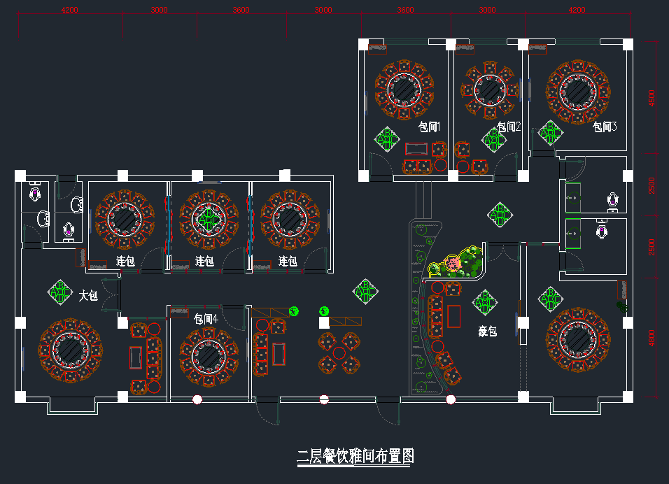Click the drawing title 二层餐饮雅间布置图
pyautogui.click(x=355, y=457)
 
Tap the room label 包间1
pyautogui.click(x=429, y=127)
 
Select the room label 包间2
pyautogui.click(x=509, y=127)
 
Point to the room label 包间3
pyautogui.click(x=605, y=127)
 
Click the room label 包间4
pyautogui.click(x=205, y=319)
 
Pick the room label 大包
pyautogui.click(x=88, y=297)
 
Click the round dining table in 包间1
pyautogui.click(x=404, y=88)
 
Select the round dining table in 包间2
pyautogui.click(x=490, y=88)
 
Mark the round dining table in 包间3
pyautogui.click(x=578, y=90)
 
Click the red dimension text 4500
pyautogui.click(x=652, y=97)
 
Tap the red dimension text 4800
pyautogui.click(x=652, y=339)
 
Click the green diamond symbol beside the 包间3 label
pyautogui.click(x=549, y=131)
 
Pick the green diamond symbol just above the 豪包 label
pyautogui.click(x=484, y=302)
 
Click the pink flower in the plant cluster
pyautogui.click(x=453, y=263)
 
